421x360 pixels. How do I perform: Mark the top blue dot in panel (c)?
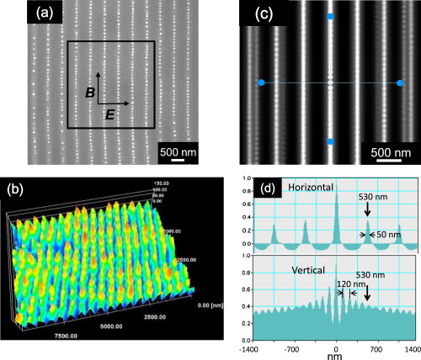[330, 17]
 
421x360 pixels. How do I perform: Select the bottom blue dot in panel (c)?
[330, 142]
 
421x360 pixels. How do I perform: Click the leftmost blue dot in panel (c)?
[261, 82]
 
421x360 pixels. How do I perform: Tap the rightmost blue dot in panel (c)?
[400, 82]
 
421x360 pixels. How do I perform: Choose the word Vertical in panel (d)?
[291, 271]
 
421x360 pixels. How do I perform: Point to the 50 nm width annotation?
[387, 235]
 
